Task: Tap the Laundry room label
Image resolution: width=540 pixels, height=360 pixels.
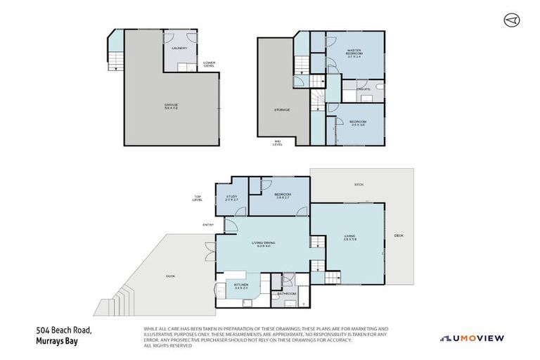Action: (x=179, y=49)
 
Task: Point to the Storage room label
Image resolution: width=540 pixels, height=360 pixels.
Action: (x=281, y=110)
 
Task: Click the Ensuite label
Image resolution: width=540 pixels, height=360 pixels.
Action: (x=364, y=89)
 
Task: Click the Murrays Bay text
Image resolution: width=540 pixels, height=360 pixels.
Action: (x=57, y=342)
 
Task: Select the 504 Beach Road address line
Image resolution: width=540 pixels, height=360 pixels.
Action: (x=63, y=330)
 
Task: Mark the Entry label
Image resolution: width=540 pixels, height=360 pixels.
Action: (x=208, y=225)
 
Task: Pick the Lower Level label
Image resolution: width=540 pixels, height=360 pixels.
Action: (x=209, y=65)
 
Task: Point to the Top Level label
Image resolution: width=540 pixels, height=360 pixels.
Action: (x=198, y=198)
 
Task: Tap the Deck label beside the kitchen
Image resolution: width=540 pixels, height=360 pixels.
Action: (x=170, y=276)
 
